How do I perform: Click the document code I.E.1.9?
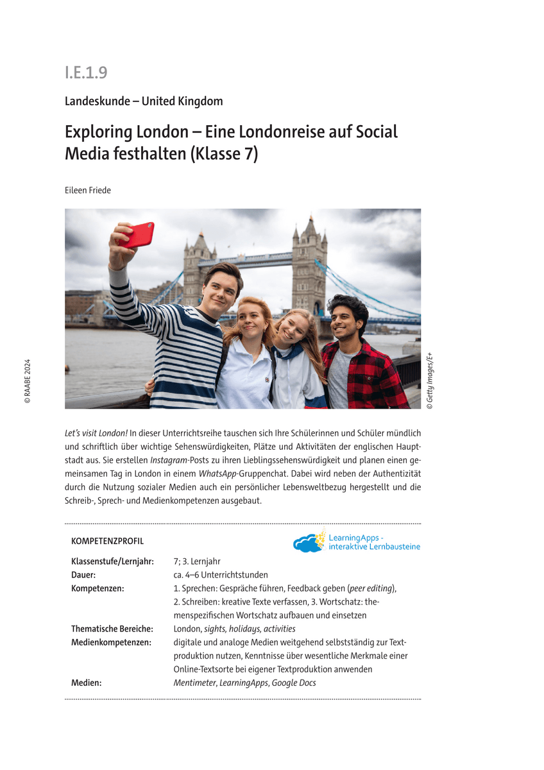click(86, 73)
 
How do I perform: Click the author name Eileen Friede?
click(88, 190)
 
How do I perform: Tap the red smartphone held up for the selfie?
click(136, 235)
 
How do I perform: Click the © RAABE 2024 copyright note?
click(28, 381)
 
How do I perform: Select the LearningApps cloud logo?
click(309, 543)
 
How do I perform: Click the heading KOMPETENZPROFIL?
click(107, 542)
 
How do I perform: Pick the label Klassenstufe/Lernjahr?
click(112, 561)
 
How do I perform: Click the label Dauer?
click(83, 575)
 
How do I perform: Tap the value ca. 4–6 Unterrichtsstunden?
click(221, 575)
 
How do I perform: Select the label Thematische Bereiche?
click(112, 629)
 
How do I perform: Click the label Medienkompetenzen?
click(111, 642)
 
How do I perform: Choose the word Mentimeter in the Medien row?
click(194, 683)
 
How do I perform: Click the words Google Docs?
click(294, 683)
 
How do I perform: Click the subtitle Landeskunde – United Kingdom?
click(144, 101)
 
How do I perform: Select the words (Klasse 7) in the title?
click(224, 155)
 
